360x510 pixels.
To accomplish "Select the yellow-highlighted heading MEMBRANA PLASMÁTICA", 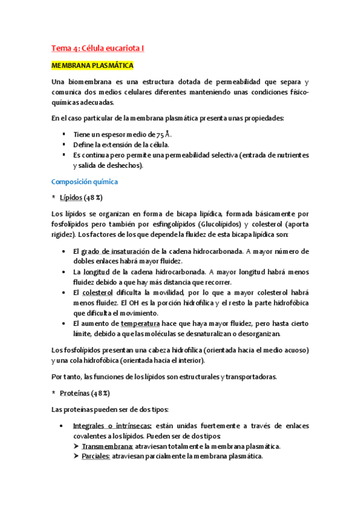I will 92,65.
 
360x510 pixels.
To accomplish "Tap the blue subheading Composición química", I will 84,181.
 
